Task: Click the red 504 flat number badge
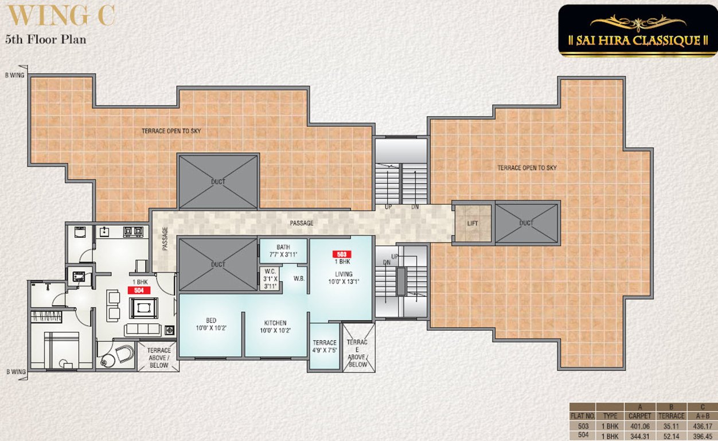point(139,291)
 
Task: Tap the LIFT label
point(473,223)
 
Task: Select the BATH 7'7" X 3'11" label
point(283,251)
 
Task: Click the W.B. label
point(299,280)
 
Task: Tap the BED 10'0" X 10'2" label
point(210,324)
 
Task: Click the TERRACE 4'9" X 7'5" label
point(324,346)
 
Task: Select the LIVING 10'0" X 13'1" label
point(344,278)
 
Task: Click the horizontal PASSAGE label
point(301,223)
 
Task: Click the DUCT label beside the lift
point(526,223)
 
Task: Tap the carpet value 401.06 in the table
point(639,427)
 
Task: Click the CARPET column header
point(639,416)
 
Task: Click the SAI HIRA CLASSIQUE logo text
point(638,40)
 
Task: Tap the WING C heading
point(60,16)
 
